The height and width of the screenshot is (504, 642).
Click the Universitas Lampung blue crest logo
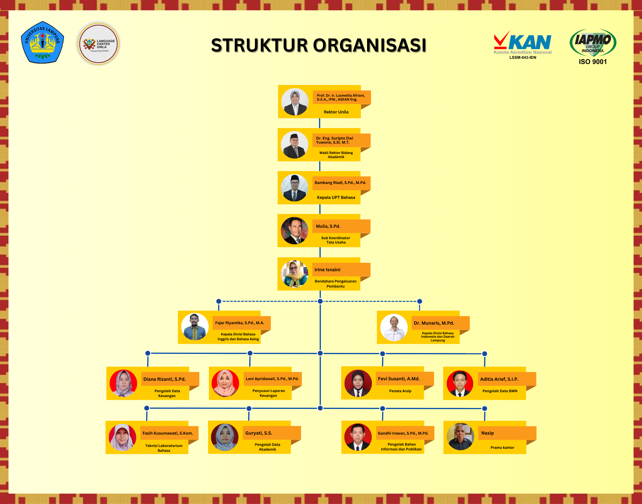[x=42, y=42]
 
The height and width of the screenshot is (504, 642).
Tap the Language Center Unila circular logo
[x=98, y=44]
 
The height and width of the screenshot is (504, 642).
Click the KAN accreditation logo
[x=523, y=45]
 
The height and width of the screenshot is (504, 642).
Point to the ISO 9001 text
[x=593, y=62]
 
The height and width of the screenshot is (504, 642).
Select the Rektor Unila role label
[x=336, y=112]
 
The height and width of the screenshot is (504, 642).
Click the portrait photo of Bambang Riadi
[x=294, y=188]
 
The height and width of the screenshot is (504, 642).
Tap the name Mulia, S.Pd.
[x=328, y=226]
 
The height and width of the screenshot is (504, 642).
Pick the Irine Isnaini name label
[x=327, y=270]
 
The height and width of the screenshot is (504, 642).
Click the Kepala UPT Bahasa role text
[x=336, y=197]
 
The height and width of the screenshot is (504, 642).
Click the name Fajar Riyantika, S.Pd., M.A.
[x=240, y=323]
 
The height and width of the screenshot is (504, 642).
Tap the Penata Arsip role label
[x=400, y=391]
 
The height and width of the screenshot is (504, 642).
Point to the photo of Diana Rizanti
[x=123, y=383]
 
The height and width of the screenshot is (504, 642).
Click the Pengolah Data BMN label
[x=500, y=391]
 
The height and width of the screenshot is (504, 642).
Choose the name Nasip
[x=487, y=433]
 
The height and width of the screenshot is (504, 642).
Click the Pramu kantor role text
[x=502, y=448]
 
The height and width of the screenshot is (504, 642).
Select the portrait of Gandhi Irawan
[x=358, y=437]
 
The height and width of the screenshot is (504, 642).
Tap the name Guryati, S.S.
[x=259, y=433]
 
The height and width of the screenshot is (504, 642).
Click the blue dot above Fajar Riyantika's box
[x=219, y=301]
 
